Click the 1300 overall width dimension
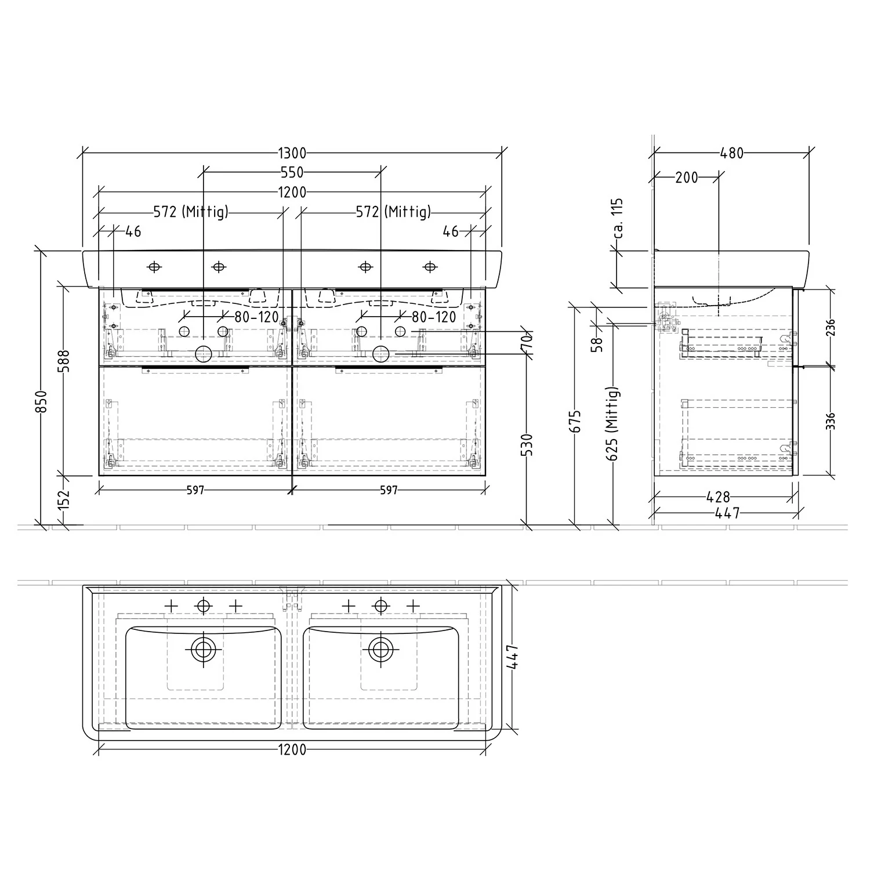(292, 154)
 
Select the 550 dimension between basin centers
(292, 172)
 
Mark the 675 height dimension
(575, 422)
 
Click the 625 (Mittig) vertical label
(613, 423)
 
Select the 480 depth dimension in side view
(731, 154)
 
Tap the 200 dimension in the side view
(687, 177)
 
